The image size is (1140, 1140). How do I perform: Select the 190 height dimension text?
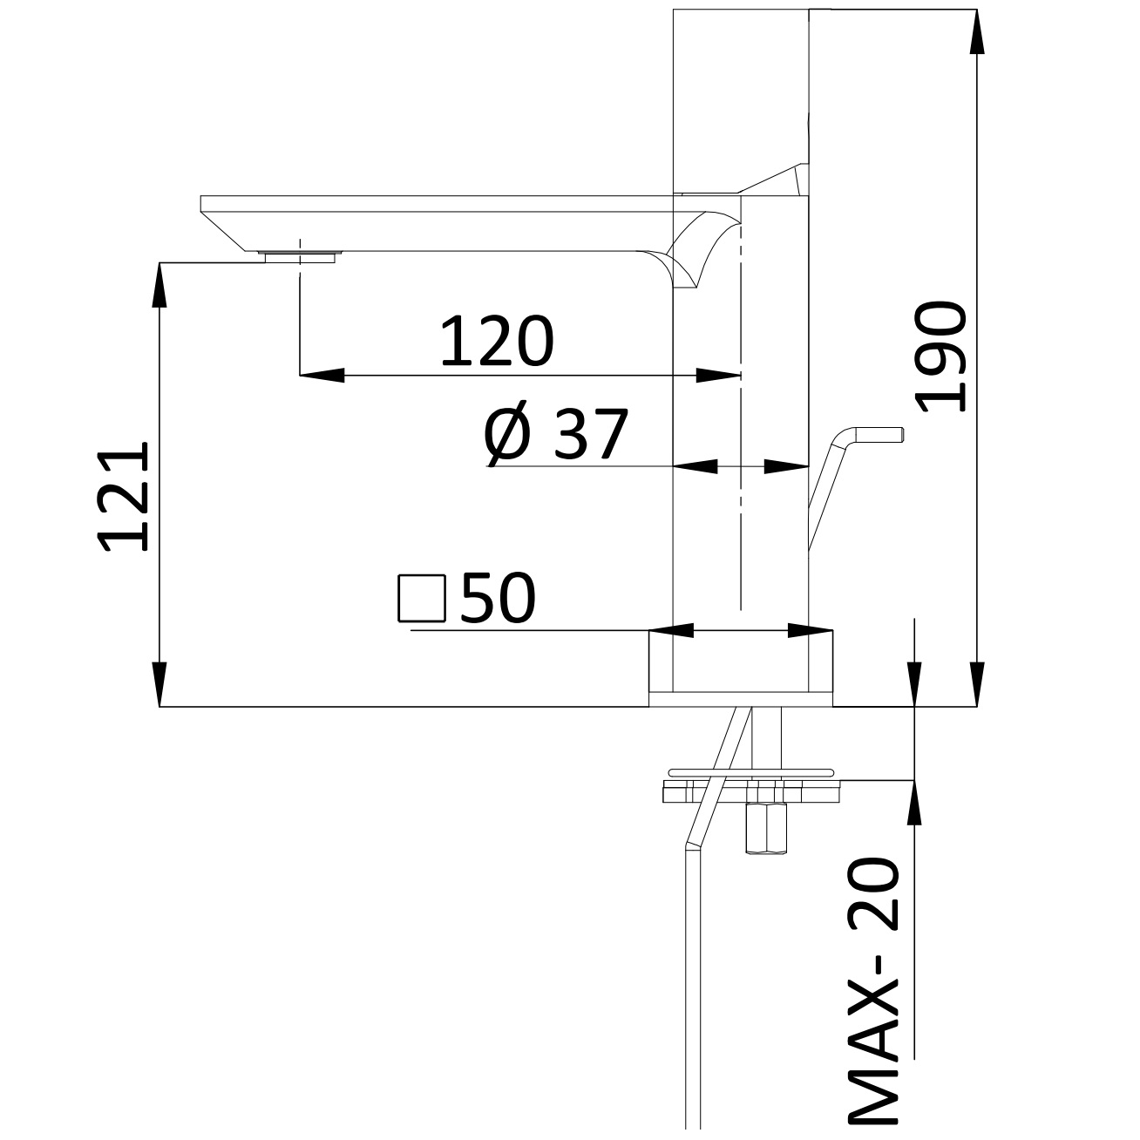point(942,357)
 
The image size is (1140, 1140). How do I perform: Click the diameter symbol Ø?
point(507,435)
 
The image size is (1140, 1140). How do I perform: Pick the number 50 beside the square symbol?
point(498,599)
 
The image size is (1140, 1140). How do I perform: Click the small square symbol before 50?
point(421,599)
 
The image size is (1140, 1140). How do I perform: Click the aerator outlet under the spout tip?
point(300,255)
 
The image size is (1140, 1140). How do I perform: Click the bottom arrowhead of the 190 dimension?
point(978,684)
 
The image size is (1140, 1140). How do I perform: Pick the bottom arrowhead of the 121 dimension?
point(159,684)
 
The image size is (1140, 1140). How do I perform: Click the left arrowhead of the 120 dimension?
point(321,376)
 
